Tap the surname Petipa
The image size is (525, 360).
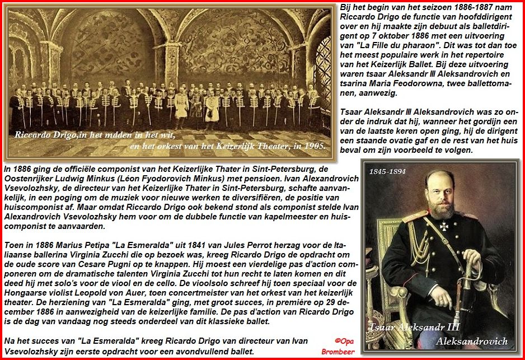click(x=100, y=245)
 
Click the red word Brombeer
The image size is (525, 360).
click(x=339, y=352)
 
